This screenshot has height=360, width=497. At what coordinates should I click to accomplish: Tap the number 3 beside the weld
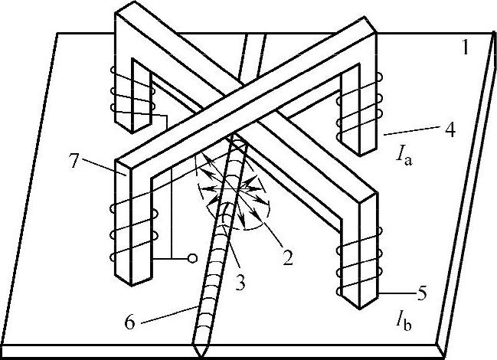pyautogui.click(x=240, y=282)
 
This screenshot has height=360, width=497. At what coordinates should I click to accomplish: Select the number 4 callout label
pyautogui.click(x=451, y=130)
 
